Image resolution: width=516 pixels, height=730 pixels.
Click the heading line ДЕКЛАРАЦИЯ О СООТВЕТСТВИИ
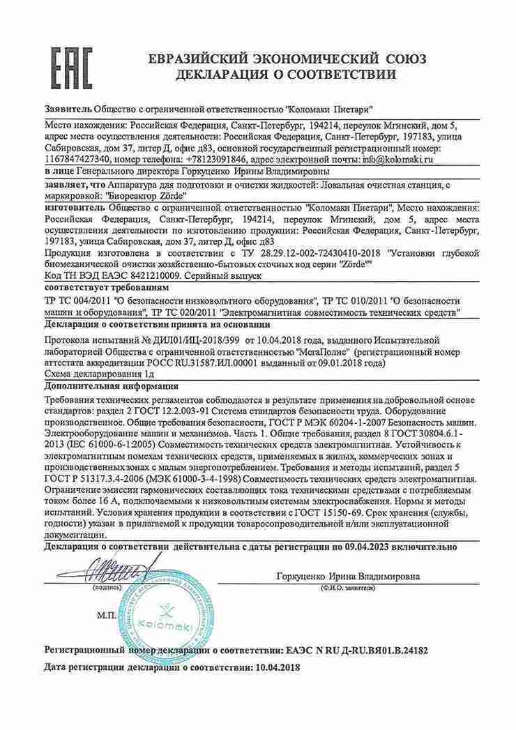286,74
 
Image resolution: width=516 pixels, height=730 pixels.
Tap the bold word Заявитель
67,110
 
